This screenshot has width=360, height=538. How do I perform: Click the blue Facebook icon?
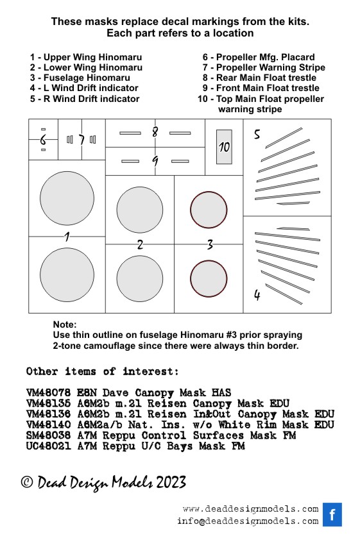(332, 514)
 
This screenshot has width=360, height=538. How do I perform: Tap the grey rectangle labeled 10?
(224, 147)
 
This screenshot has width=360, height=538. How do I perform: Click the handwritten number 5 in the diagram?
(257, 134)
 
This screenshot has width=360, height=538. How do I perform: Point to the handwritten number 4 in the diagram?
(257, 295)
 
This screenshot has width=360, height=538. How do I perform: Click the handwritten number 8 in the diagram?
(155, 131)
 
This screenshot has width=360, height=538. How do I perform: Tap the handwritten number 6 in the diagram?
(43, 140)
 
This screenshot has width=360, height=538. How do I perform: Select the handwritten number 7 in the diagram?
(81, 140)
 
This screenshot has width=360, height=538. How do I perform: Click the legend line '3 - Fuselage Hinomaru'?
(80, 78)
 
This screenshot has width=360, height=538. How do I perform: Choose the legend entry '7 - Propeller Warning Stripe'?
(264, 67)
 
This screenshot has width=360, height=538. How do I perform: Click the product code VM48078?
(48, 392)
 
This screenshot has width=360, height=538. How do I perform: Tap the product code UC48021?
(48, 446)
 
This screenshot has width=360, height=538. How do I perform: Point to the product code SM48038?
(48, 435)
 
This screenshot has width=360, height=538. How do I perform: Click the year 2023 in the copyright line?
(171, 482)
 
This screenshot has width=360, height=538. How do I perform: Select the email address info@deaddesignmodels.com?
(248, 521)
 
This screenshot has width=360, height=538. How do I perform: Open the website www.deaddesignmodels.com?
(251, 509)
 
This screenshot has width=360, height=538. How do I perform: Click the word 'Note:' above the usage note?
(65, 324)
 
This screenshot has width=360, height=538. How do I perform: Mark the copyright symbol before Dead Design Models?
(27, 482)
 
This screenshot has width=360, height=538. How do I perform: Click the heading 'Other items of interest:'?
(103, 371)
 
